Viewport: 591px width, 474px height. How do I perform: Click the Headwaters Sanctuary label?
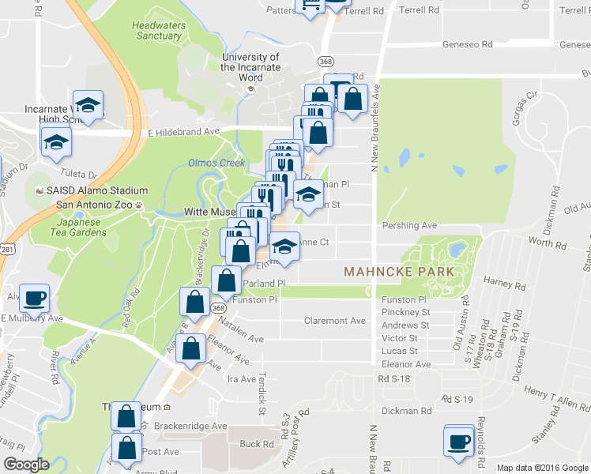158,30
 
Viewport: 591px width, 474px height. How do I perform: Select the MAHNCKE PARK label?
399,272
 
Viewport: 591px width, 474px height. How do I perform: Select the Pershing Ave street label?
409,225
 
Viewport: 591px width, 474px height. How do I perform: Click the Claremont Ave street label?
335,321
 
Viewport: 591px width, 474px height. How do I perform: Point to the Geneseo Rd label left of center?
468,45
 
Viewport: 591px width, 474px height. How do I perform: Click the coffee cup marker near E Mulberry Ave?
34,299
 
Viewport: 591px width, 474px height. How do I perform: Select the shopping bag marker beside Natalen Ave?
194,302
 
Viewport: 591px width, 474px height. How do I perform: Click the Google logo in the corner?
26,465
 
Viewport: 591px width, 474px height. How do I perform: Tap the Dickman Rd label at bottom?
405,411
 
